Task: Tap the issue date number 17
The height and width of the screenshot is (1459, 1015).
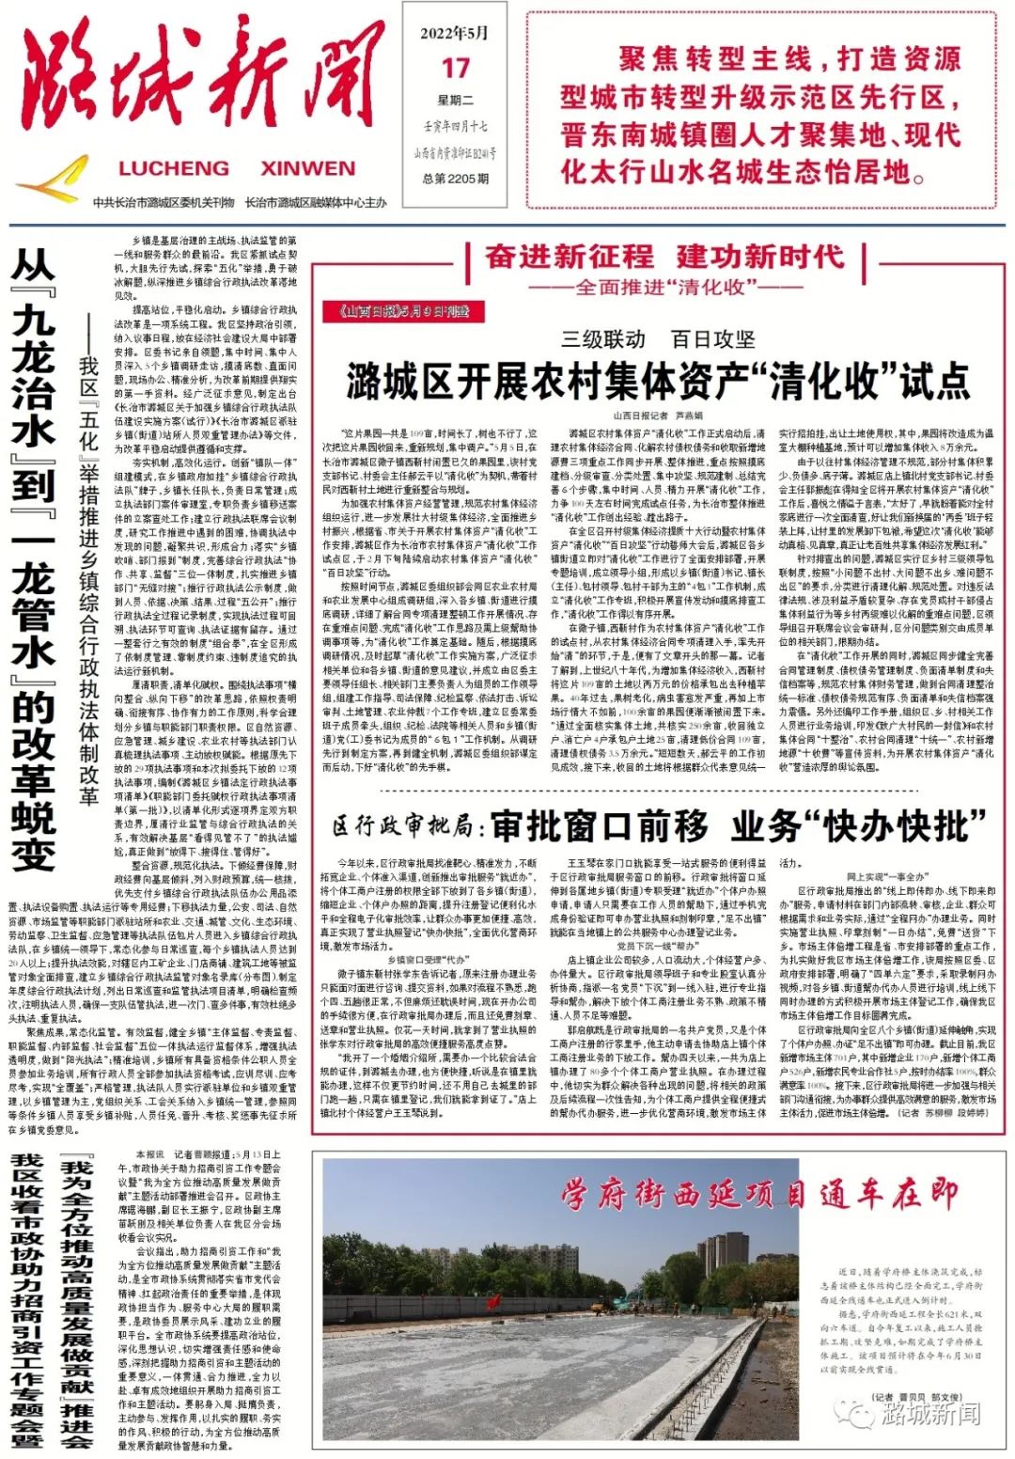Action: click(x=456, y=68)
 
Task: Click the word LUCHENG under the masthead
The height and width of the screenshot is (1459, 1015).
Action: click(x=174, y=169)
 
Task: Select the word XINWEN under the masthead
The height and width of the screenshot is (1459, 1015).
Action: click(x=307, y=169)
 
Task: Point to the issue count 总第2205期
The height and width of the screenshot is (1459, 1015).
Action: click(x=456, y=179)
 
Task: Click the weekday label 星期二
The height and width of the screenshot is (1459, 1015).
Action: click(x=456, y=101)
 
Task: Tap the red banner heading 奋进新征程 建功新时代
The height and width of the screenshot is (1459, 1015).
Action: click(x=664, y=256)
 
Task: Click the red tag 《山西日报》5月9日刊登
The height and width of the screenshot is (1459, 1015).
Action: click(x=396, y=311)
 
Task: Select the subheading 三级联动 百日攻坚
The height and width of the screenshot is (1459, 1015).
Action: click(x=658, y=339)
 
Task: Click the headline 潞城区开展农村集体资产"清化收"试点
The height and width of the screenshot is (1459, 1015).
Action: click(x=658, y=381)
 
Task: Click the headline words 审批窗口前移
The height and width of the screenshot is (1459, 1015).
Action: click(x=599, y=826)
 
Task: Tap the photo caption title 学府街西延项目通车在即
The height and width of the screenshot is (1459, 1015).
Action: click(x=759, y=1195)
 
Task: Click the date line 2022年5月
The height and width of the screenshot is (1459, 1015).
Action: click(x=456, y=33)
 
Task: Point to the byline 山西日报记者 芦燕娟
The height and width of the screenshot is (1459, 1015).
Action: click(x=658, y=415)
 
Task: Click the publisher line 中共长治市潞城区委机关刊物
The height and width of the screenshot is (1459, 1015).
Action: click(x=164, y=203)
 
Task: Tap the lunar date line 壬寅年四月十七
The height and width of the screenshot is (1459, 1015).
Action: click(x=456, y=126)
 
